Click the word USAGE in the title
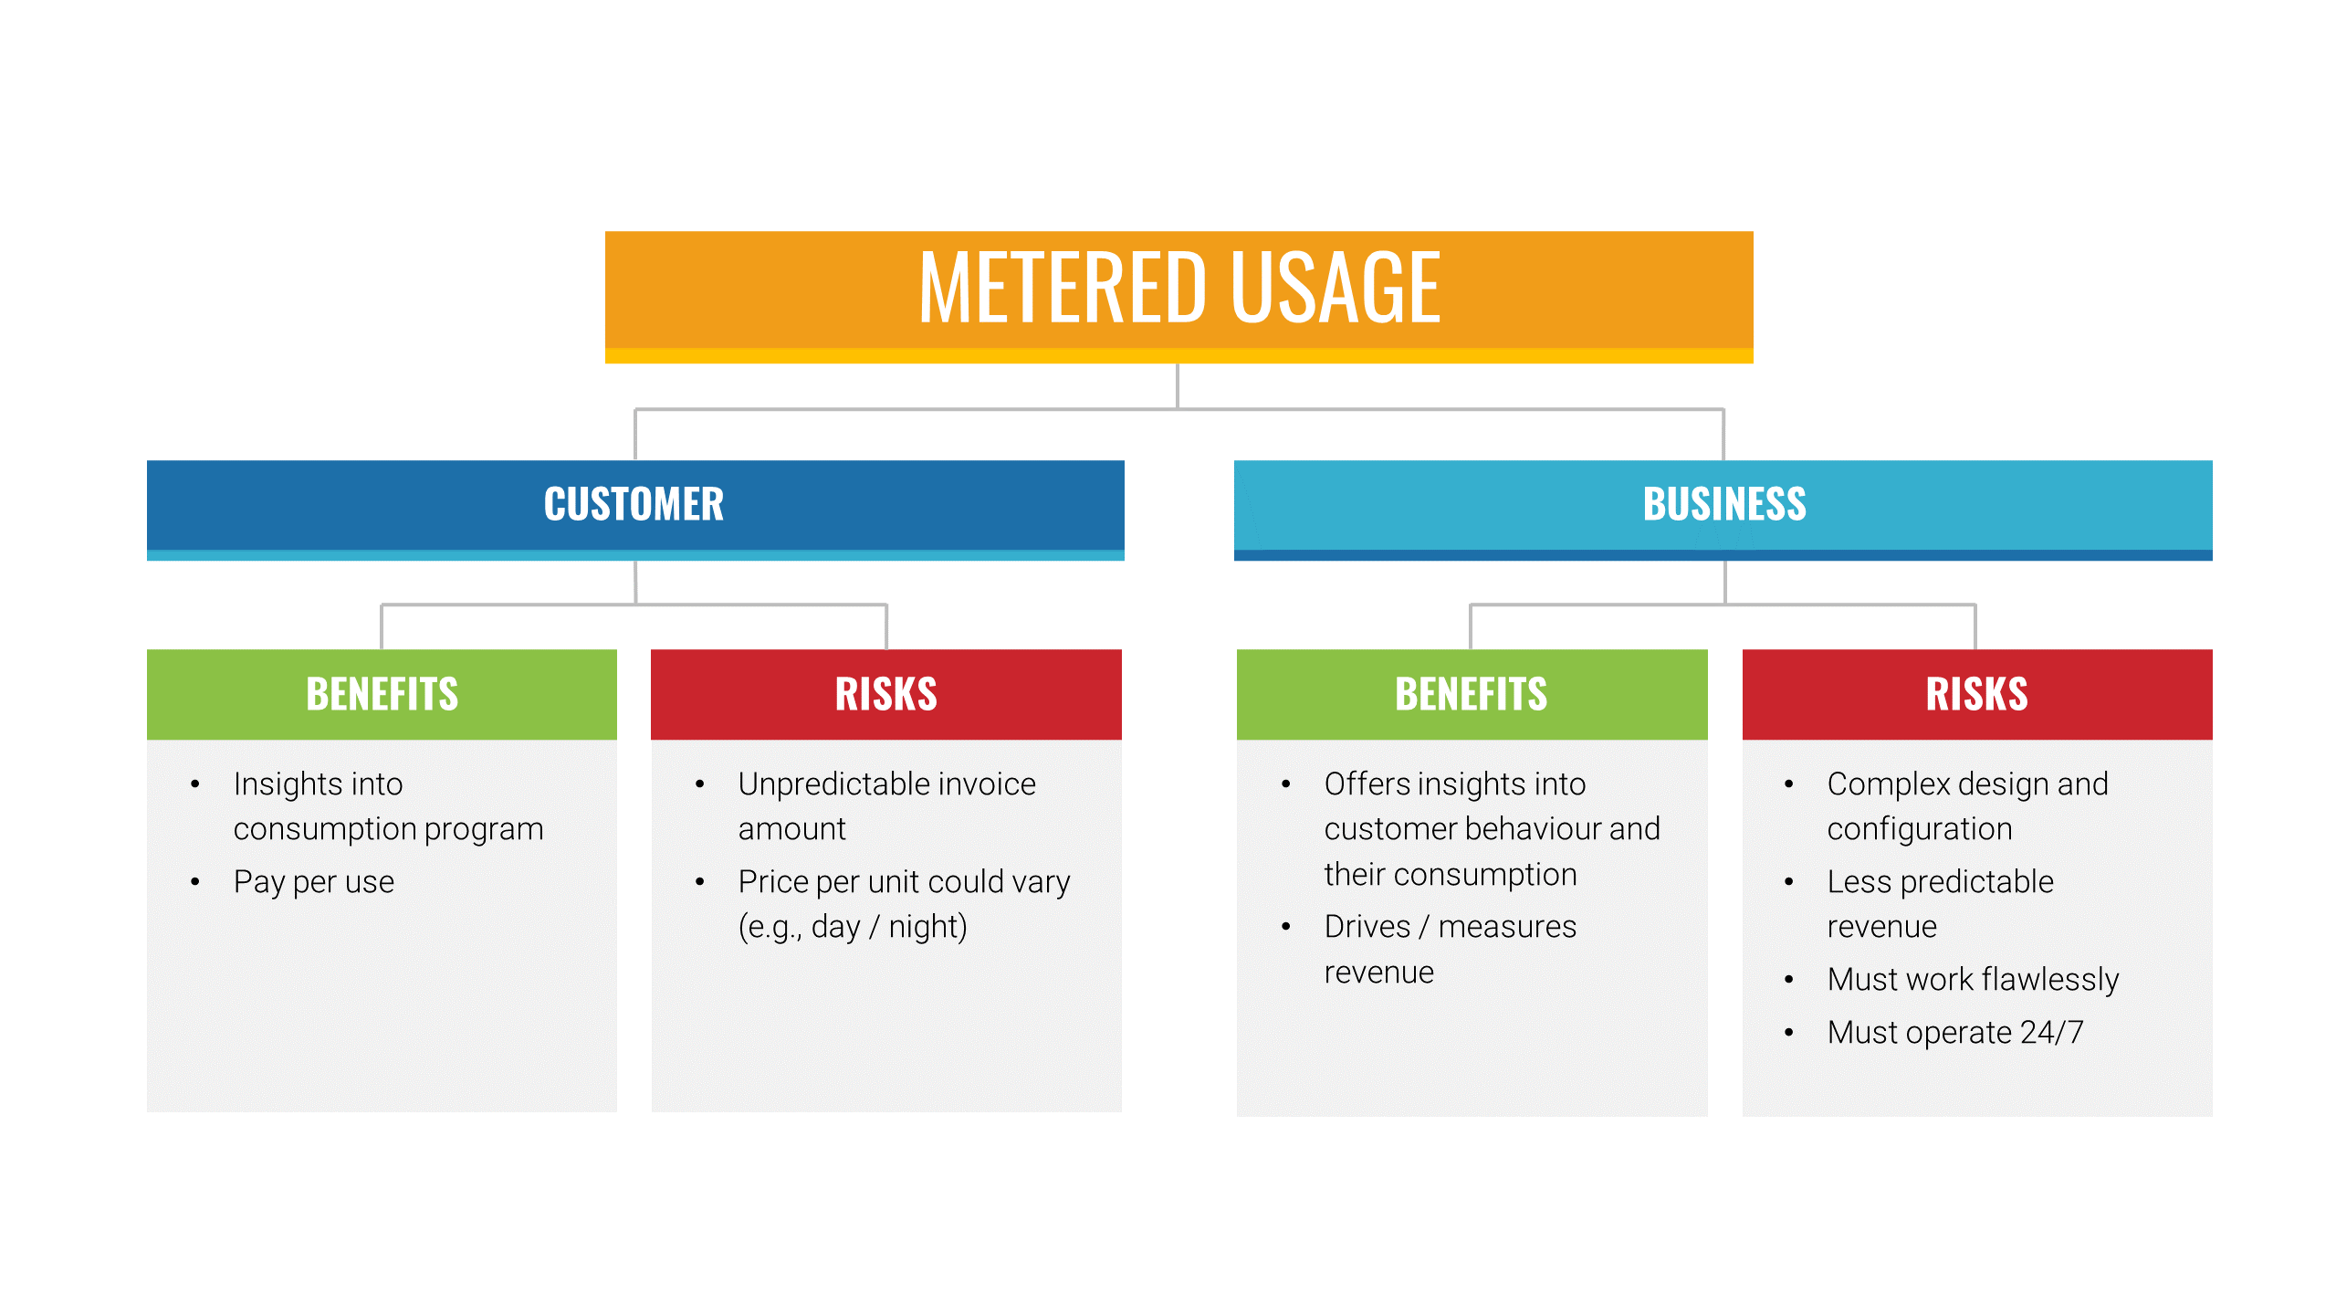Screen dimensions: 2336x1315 [x=1336, y=289]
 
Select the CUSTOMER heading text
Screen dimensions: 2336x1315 [x=634, y=504]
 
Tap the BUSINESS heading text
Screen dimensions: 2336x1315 [x=1724, y=504]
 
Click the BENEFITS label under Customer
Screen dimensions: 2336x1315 [x=382, y=694]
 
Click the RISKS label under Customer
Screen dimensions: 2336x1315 [x=885, y=694]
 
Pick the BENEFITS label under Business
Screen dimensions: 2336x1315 [x=1471, y=694]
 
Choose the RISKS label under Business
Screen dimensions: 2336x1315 [x=1976, y=694]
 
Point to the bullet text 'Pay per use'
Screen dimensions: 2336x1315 [x=314, y=882]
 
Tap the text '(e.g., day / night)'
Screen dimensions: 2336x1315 [x=853, y=927]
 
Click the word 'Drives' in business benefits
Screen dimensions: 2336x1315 [x=1367, y=927]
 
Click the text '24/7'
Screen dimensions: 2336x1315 [x=2052, y=1032]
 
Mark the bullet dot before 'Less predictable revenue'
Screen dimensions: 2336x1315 [x=1788, y=882]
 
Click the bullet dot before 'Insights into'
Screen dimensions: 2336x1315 [x=194, y=784]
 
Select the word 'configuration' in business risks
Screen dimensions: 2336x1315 [x=1920, y=830]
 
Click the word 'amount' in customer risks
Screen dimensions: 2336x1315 [x=791, y=829]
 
